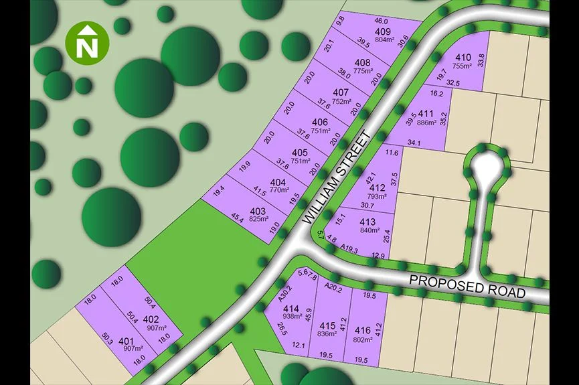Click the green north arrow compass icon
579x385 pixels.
[x=86, y=44]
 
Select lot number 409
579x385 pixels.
[x=383, y=31]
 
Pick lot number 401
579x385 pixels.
[x=126, y=341]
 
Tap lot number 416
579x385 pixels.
[x=363, y=330]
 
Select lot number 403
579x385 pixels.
[x=258, y=211]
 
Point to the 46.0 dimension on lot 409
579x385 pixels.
[x=380, y=21]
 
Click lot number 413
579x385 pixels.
[x=367, y=222]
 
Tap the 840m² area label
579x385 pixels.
[x=370, y=230]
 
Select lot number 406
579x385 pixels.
[x=320, y=122]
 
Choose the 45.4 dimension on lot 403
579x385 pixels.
[x=238, y=218]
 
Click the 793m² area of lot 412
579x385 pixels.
[x=377, y=197]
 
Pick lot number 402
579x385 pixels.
[x=151, y=319]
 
